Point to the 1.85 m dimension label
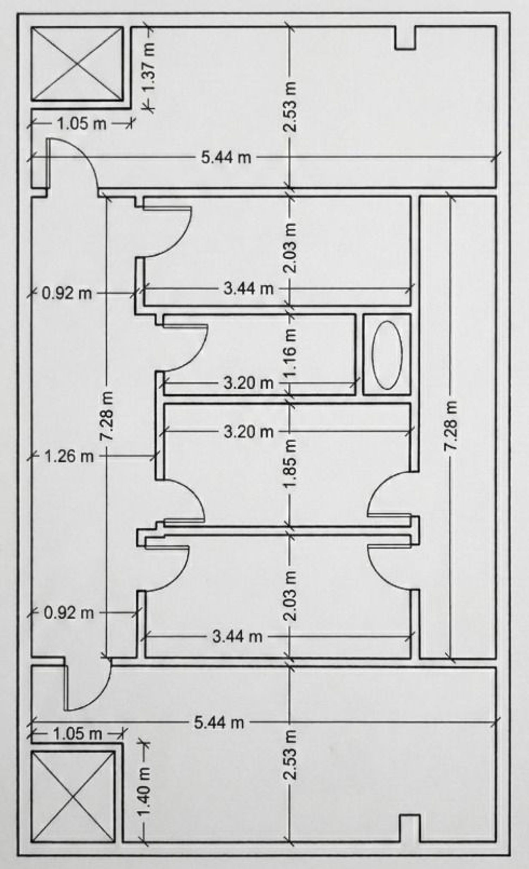[x=291, y=463]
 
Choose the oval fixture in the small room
[x=387, y=355]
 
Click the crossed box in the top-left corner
[x=78, y=64]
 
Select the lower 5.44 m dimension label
[x=219, y=723]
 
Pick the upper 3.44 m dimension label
[x=249, y=289]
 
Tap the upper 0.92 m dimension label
[x=67, y=293]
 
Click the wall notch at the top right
[x=406, y=37]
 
